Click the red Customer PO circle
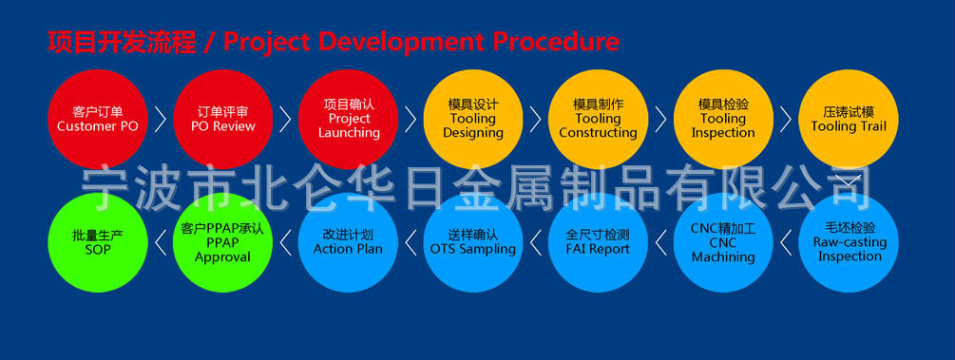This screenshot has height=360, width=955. (98, 120)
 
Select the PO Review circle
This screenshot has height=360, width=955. (223, 120)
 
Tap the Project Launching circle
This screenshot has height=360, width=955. (349, 120)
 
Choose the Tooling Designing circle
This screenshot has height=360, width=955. (473, 120)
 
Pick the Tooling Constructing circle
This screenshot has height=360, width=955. (598, 120)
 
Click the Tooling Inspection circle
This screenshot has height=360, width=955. (723, 120)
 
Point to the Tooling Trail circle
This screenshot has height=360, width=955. (849, 120)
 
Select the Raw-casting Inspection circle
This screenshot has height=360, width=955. (849, 242)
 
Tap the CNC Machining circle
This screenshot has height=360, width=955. (723, 242)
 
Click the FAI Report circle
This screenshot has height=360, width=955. (598, 242)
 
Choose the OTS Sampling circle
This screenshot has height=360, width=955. (473, 242)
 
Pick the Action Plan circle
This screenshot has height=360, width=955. (349, 242)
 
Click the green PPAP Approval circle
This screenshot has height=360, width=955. (223, 242)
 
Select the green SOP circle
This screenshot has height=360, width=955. (98, 242)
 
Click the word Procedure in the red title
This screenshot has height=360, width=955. (556, 42)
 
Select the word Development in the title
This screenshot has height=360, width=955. (401, 43)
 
